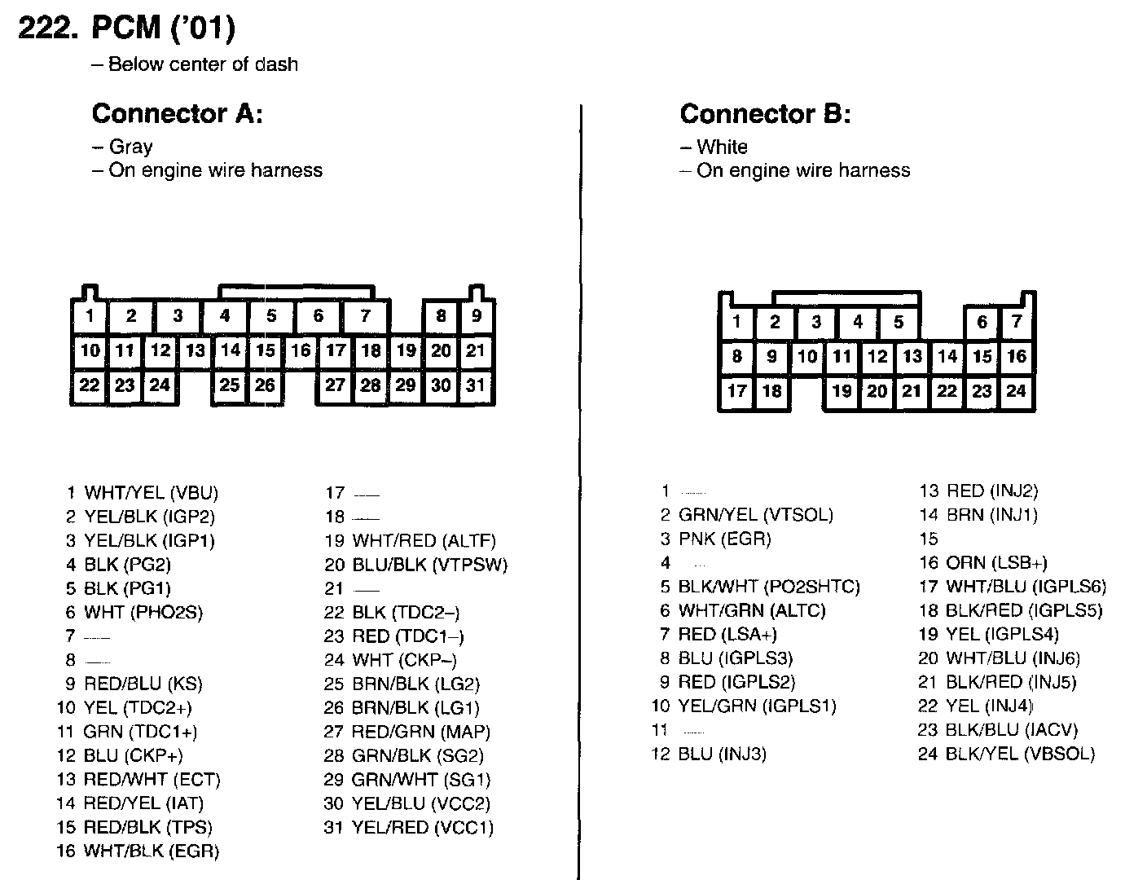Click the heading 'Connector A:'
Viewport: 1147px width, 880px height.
pos(177,113)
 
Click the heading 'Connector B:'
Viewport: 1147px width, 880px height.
pos(765,113)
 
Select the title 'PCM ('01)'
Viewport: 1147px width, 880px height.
pos(162,29)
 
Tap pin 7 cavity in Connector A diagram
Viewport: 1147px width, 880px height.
pos(366,316)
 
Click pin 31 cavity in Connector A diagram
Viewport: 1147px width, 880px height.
pos(476,385)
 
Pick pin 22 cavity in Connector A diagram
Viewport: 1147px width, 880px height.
pos(90,385)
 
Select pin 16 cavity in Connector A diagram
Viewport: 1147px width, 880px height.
pos(301,350)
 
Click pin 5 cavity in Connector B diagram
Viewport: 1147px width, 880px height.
pos(899,322)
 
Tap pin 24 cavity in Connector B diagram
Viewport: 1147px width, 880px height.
pos(1016,391)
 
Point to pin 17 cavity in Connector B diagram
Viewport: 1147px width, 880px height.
pos(736,391)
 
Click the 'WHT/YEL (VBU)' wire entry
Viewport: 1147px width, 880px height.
pos(151,493)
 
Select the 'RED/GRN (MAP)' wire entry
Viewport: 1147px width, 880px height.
pos(420,733)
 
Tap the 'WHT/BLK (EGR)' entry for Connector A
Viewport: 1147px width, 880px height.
pos(151,851)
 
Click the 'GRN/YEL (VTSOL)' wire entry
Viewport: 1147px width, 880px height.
pos(755,515)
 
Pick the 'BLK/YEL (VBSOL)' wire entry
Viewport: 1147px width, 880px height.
pos(1020,754)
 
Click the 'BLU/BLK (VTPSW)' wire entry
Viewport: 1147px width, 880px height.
pos(429,565)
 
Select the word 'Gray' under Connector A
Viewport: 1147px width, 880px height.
pos(130,147)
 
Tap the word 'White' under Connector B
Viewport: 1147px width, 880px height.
pos(722,147)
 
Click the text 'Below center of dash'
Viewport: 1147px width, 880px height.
pos(203,64)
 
